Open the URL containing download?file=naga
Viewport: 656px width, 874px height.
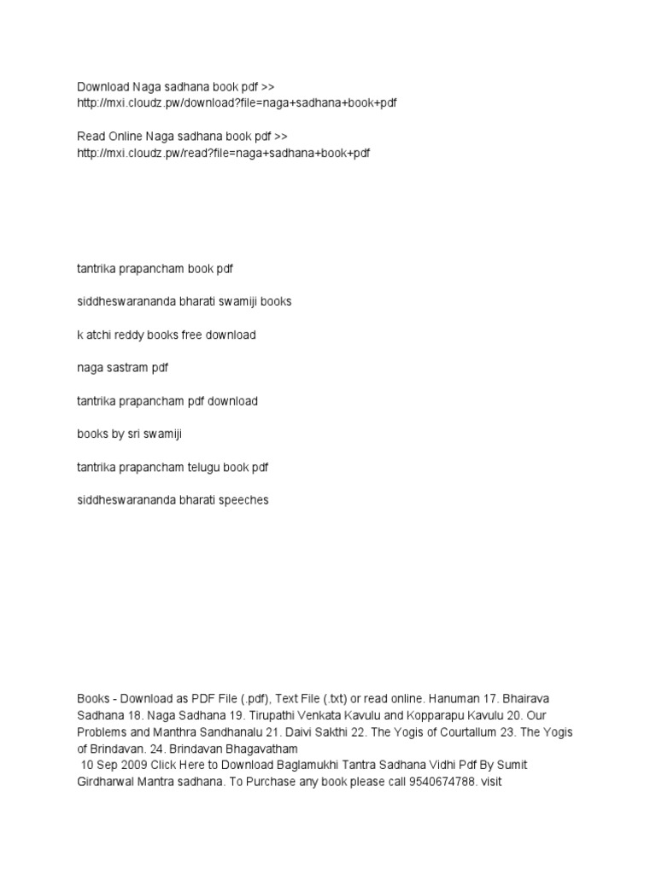(237, 103)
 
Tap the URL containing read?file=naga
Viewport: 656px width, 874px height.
(223, 153)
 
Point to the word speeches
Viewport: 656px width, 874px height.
(245, 500)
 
